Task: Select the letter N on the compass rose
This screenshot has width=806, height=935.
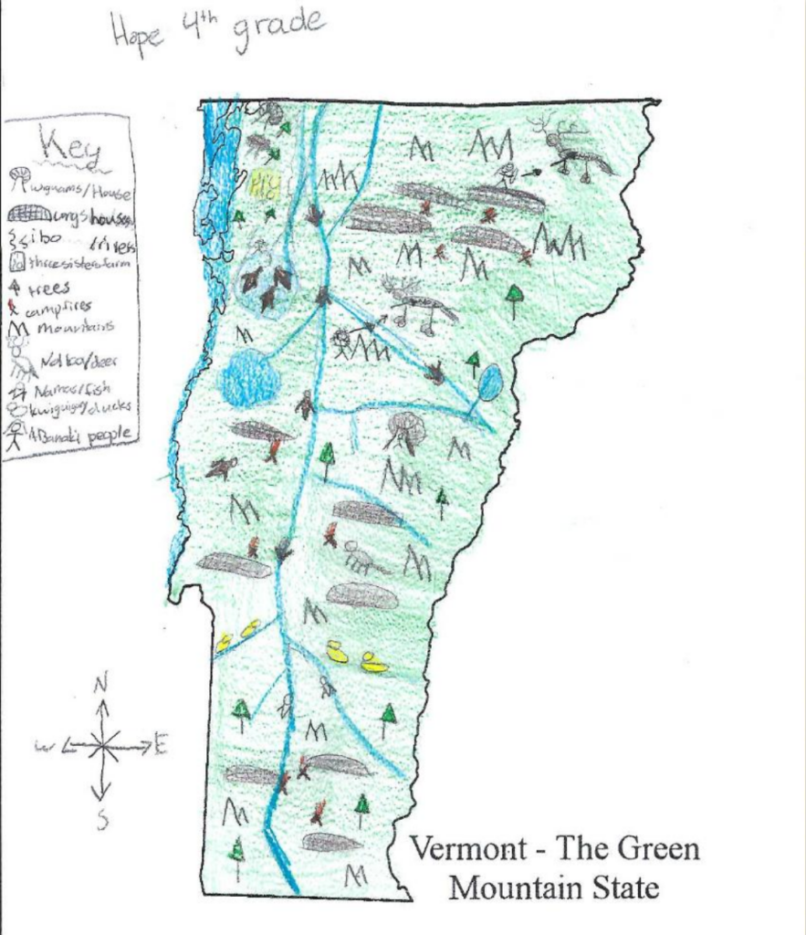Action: point(102,682)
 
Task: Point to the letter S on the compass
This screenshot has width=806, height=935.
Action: point(102,821)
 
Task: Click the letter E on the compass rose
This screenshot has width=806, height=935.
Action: point(161,746)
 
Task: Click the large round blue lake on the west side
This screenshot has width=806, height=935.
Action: point(249,378)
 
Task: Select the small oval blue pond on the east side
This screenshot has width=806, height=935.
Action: point(489,383)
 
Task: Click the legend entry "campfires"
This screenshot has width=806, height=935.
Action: point(60,310)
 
